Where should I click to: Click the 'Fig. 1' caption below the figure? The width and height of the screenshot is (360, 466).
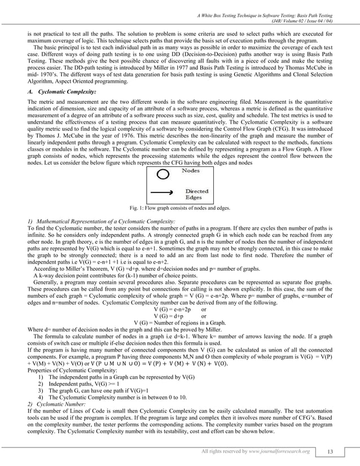(180, 208)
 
